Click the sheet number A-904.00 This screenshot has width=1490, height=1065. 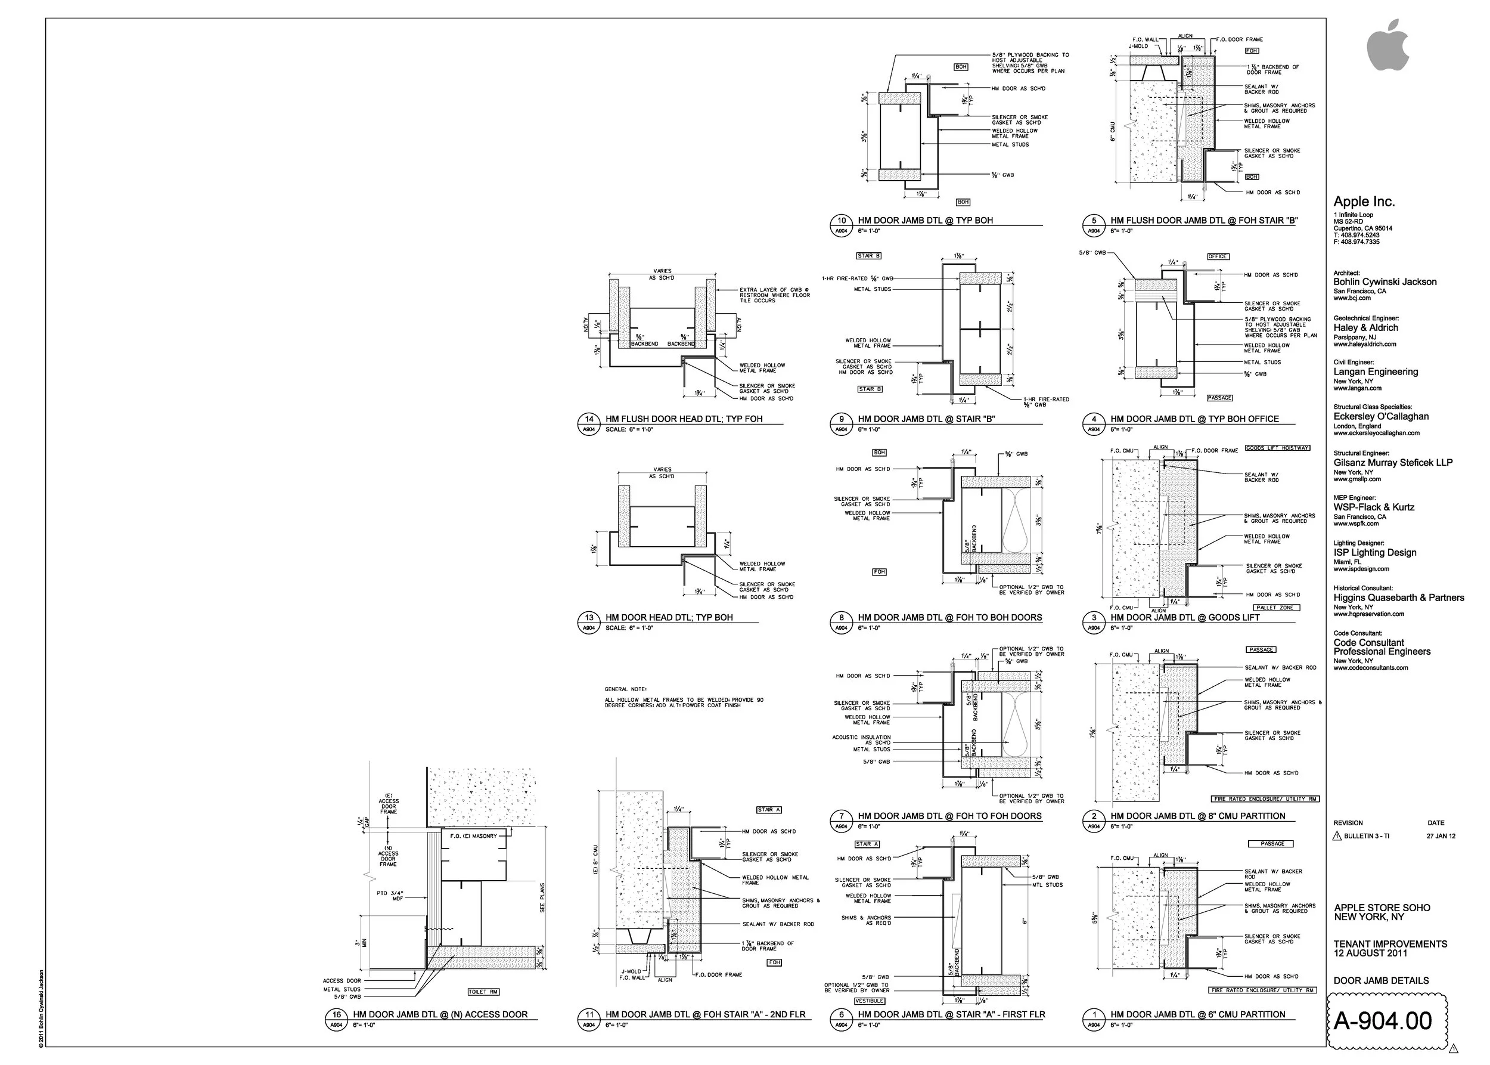(1383, 1021)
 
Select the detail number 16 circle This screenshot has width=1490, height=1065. (336, 1014)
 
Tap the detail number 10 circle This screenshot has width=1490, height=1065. (841, 221)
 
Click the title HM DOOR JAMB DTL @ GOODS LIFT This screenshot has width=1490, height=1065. (1184, 618)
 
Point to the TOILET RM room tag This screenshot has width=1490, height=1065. (483, 992)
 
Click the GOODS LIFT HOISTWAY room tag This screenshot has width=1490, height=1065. (1277, 448)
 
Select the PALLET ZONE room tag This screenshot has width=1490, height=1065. (1275, 608)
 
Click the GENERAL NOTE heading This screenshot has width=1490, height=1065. (625, 689)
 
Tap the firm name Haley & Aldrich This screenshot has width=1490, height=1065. (1365, 328)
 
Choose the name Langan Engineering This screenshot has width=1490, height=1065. (1376, 372)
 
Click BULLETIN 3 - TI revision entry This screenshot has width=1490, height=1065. (1366, 836)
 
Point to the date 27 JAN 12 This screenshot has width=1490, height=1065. (1441, 836)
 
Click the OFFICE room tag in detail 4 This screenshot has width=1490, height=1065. (1217, 256)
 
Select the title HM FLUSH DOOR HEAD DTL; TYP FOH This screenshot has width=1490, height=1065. (684, 419)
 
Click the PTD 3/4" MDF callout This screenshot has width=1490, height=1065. (390, 896)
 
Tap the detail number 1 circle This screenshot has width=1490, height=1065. (1094, 1014)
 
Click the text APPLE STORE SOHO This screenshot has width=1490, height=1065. (1382, 908)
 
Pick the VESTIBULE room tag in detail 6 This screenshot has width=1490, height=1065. (869, 1001)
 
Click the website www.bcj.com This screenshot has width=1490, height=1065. (1352, 298)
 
